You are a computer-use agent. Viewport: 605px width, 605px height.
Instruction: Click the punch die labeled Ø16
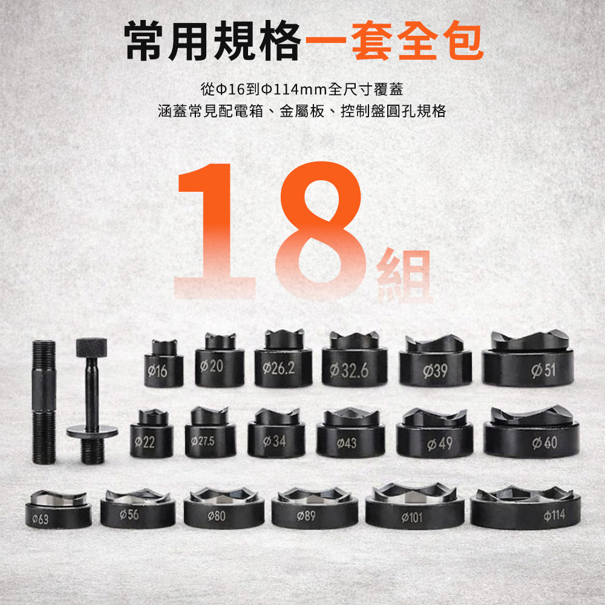163,364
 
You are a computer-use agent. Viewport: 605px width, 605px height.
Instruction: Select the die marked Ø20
220,361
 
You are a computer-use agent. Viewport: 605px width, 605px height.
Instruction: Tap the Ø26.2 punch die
283,359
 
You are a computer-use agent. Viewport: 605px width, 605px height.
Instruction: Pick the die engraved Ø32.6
355,359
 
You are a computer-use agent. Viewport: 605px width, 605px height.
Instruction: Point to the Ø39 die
435,361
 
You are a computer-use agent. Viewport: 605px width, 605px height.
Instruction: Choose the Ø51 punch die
528,358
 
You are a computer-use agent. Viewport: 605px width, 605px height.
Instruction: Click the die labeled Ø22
152,434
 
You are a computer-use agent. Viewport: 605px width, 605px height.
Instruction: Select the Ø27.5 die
211,433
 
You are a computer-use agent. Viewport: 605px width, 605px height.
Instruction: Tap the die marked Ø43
351,433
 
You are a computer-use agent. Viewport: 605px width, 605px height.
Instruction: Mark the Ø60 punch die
531,432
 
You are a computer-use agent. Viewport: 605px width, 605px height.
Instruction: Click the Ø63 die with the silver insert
59,509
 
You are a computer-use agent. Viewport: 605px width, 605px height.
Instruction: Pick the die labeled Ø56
138,508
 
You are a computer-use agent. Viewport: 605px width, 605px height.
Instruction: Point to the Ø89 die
315,508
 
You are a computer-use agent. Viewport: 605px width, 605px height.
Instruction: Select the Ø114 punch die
526,508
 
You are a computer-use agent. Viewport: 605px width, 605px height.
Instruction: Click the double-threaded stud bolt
44,402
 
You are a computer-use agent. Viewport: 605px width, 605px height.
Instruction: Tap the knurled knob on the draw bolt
91,347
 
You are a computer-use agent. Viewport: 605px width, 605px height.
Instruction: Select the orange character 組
404,275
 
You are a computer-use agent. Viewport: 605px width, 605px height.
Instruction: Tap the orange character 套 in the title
372,41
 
